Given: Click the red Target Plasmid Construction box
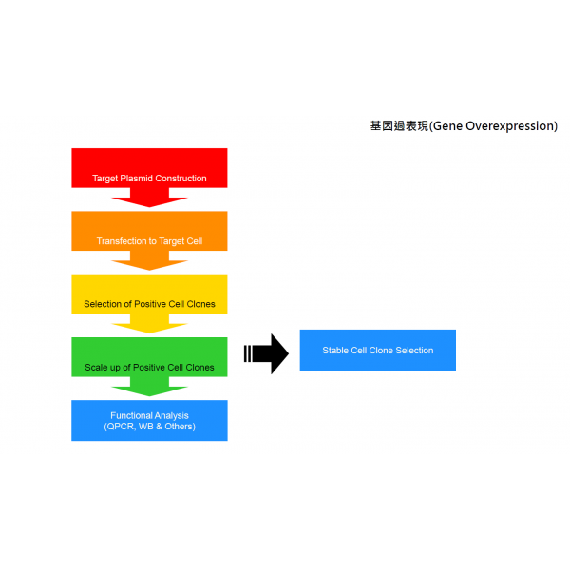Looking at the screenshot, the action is (x=149, y=168).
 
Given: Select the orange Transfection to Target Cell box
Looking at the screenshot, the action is (x=149, y=231).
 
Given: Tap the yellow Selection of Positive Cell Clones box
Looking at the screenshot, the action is (x=149, y=294).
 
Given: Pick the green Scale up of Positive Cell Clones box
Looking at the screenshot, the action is (x=149, y=357).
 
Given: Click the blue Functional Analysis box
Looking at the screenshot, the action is (x=149, y=421).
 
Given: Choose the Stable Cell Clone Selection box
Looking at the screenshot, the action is (x=378, y=350).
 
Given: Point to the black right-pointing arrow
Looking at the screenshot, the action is (x=266, y=353).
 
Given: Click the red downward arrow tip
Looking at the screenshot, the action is (x=149, y=207).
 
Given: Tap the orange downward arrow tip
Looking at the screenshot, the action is (x=149, y=270).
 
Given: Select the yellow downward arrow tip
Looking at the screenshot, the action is (x=149, y=333).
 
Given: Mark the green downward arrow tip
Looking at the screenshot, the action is (x=149, y=396).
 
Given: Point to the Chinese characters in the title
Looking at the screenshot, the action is (x=400, y=125).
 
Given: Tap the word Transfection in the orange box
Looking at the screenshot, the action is (x=122, y=241).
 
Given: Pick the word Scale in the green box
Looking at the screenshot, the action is (x=96, y=367).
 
